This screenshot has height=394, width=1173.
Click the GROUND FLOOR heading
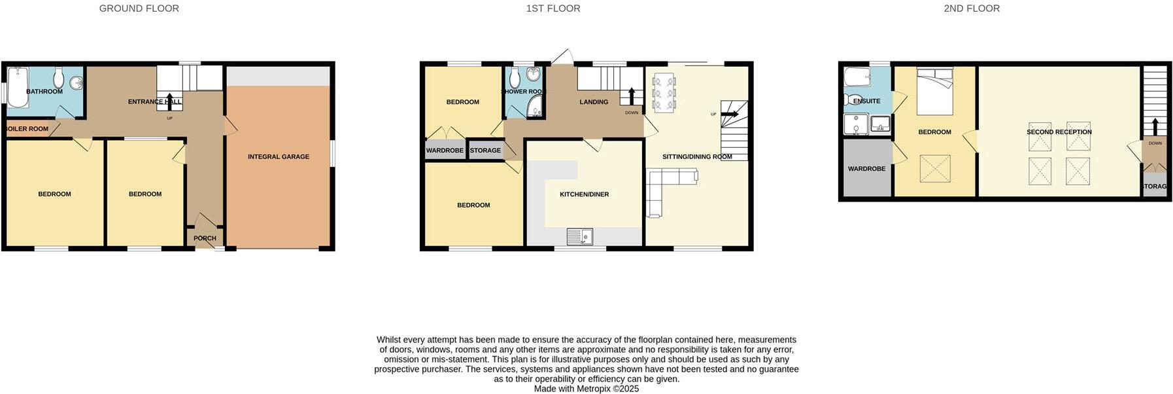139,9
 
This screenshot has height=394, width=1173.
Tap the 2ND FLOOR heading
971,9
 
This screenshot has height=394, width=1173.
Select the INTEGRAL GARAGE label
279,157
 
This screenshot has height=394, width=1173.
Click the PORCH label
205,238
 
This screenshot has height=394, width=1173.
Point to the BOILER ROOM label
27,129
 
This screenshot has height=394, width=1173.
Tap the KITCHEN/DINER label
584,194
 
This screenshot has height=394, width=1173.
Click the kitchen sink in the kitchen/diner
579,236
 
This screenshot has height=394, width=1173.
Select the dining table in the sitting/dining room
664,93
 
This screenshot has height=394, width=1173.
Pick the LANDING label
594,102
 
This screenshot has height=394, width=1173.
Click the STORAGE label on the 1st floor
485,151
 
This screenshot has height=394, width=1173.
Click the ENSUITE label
867,101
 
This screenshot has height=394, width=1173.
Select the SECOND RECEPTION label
1059,132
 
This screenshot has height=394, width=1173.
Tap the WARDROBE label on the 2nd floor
866,169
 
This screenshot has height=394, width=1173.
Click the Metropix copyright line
586,389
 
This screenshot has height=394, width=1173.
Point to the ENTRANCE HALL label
154,102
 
